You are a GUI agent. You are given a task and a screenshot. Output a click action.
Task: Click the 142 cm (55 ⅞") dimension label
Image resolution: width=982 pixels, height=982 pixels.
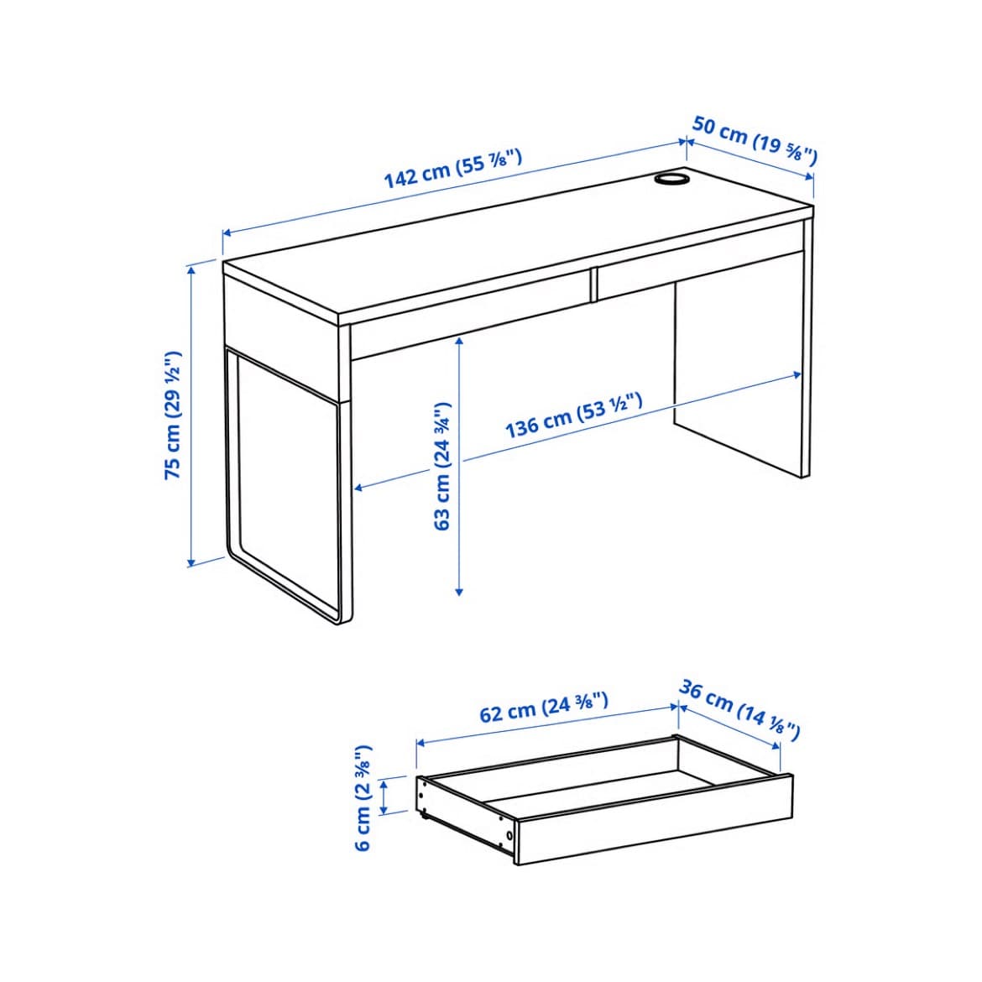click(x=452, y=169)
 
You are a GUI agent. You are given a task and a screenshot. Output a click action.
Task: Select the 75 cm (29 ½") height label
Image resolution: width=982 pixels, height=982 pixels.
click(x=173, y=415)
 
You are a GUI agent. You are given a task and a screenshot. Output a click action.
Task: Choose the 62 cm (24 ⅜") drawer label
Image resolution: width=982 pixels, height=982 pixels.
click(x=544, y=708)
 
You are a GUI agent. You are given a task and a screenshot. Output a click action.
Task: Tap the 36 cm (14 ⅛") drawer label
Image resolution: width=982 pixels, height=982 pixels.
click(x=739, y=711)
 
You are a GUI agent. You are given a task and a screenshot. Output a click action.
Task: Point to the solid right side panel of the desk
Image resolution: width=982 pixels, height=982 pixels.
click(x=739, y=376)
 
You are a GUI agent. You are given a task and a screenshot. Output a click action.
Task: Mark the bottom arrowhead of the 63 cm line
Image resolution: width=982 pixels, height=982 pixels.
click(x=459, y=590)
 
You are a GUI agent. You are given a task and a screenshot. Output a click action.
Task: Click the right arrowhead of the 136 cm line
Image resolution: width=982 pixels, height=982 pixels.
click(x=797, y=375)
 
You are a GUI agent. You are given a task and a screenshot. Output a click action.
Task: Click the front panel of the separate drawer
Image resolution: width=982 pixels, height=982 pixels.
click(x=655, y=820)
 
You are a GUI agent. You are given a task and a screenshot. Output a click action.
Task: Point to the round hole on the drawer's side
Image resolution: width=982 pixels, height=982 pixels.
click(x=509, y=835)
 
